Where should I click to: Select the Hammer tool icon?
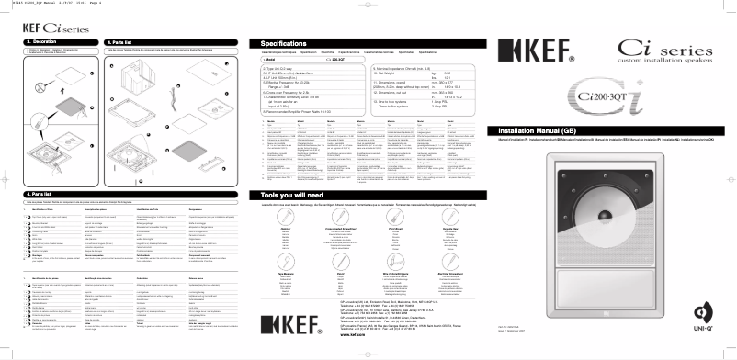pyautogui.click(x=285, y=217)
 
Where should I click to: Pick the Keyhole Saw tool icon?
pyautogui.click(x=449, y=217)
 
